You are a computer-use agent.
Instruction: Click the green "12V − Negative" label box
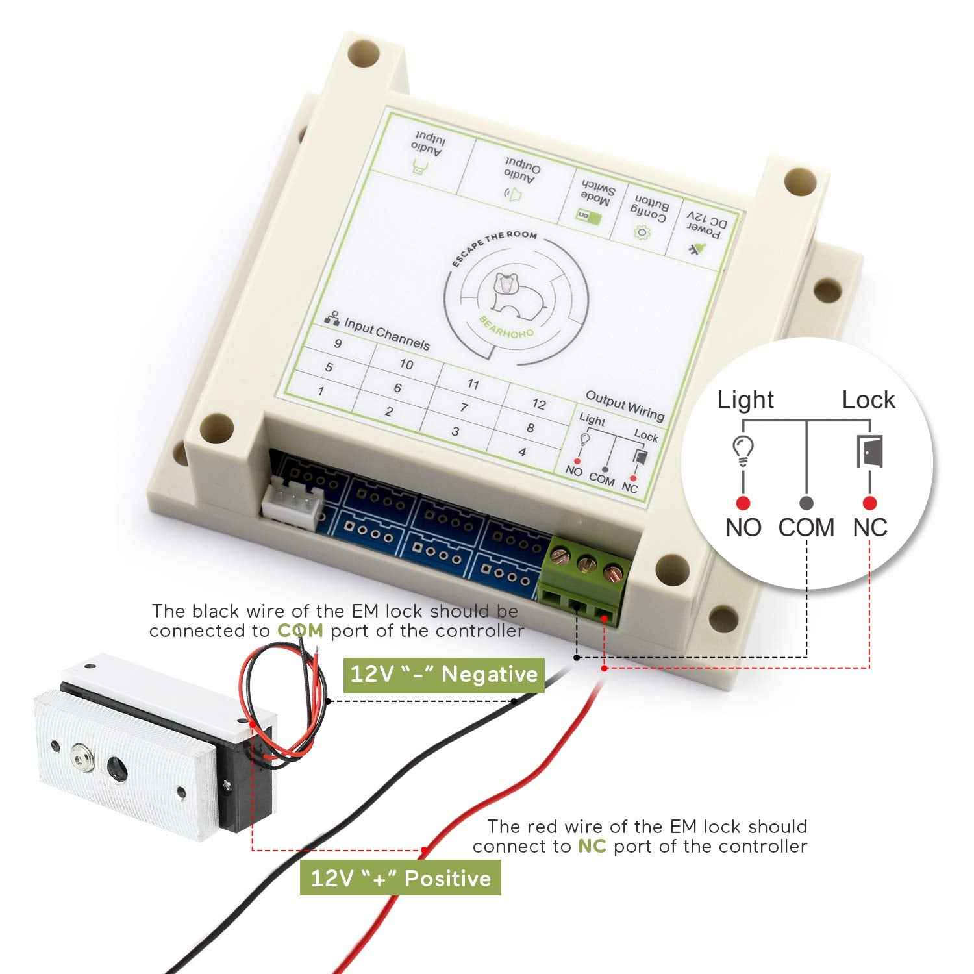click(x=443, y=675)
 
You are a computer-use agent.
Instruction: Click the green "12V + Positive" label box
click(x=401, y=879)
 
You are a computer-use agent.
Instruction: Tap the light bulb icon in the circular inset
click(x=743, y=450)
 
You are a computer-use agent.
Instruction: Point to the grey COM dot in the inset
click(x=806, y=503)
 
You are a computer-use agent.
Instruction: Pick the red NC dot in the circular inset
click(x=870, y=503)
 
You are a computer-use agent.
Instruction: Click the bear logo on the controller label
click(x=508, y=293)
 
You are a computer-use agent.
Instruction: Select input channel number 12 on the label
click(x=538, y=405)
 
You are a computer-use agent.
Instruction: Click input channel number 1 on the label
click(x=320, y=392)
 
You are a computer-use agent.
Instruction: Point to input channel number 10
click(x=406, y=364)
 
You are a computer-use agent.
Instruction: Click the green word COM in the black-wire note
click(x=300, y=631)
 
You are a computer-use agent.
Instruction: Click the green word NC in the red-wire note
click(x=592, y=847)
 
